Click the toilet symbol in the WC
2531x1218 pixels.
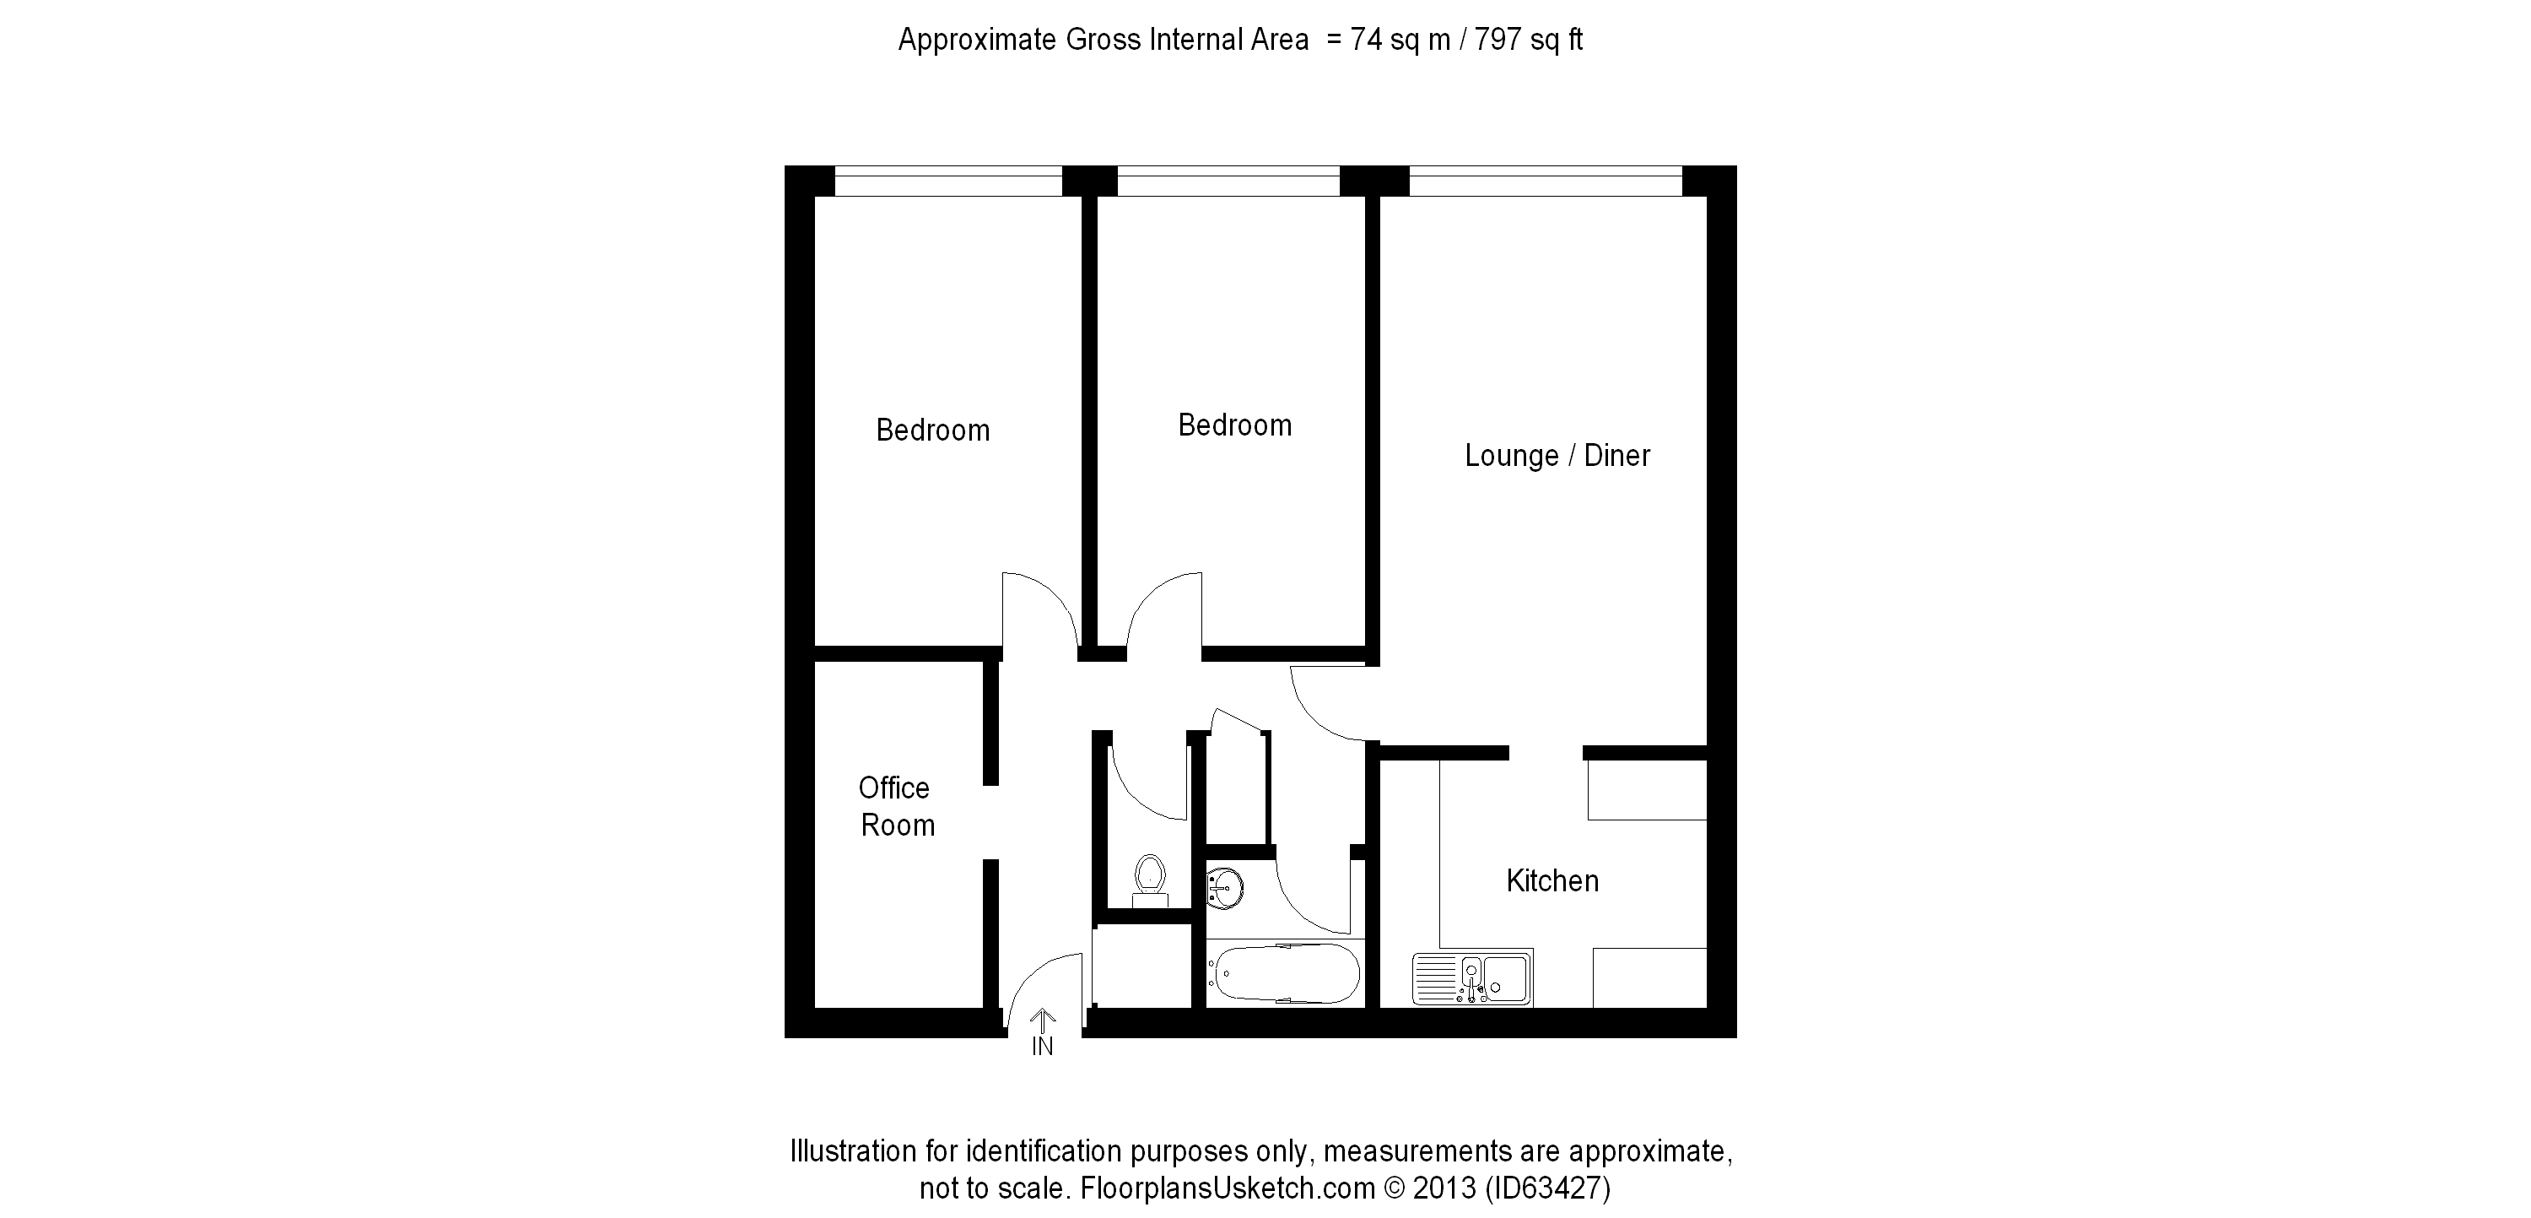1150,880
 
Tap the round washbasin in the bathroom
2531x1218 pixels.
1225,889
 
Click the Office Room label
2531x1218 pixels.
895,806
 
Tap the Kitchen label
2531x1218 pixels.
1552,881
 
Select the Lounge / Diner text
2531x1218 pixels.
1557,455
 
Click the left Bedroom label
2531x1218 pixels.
932,430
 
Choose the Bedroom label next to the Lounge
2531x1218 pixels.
1235,425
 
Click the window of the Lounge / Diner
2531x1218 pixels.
1546,181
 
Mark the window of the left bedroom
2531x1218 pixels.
948,181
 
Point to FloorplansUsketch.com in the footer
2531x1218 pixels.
1228,1188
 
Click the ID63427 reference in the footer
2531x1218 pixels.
1547,1188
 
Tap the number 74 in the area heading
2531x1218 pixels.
1366,40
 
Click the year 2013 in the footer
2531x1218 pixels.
1444,1188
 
